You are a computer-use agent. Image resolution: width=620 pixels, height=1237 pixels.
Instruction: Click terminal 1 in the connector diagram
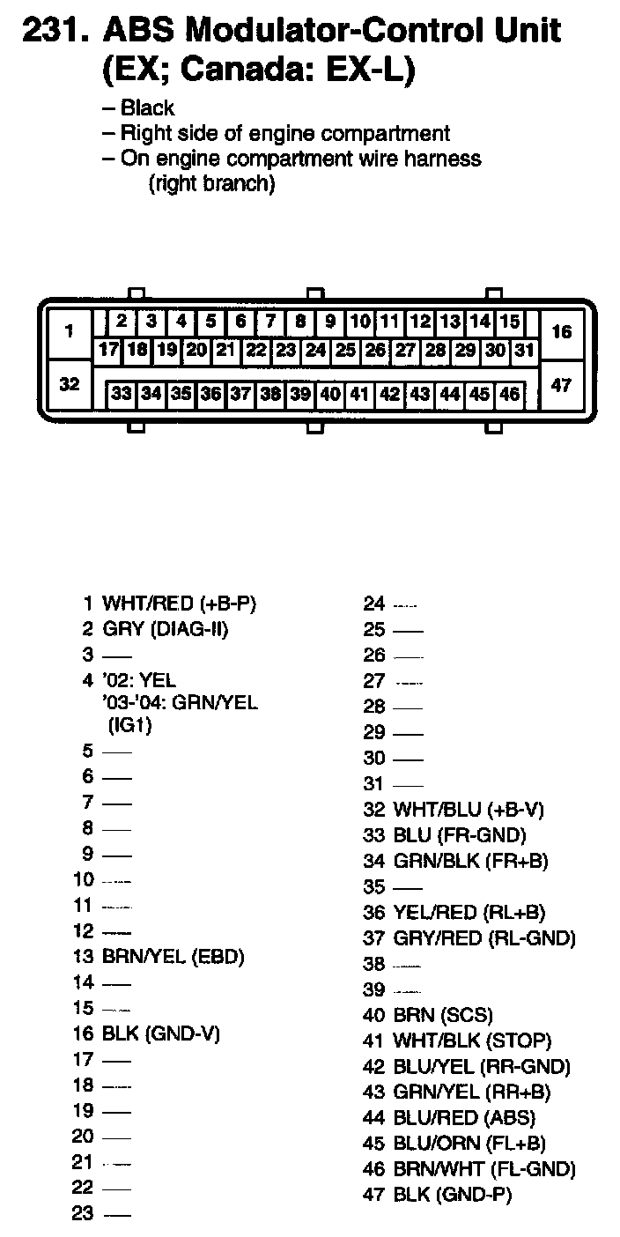click(69, 332)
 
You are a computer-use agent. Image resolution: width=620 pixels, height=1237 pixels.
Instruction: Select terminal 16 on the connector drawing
click(561, 332)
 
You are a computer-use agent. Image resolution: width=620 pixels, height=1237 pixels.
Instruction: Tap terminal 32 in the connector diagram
click(69, 384)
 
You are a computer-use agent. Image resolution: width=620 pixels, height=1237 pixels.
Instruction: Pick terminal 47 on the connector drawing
click(561, 384)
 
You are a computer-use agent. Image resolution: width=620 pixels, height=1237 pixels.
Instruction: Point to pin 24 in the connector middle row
click(315, 350)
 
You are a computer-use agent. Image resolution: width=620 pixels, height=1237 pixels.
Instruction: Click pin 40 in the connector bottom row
click(330, 394)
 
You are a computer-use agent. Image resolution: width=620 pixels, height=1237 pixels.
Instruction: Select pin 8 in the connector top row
click(300, 322)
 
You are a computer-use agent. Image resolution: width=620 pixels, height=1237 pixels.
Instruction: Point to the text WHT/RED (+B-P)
click(183, 604)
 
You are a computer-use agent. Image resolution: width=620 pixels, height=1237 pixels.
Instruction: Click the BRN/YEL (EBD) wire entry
click(173, 956)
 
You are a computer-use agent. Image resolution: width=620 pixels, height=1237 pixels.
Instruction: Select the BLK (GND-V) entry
click(160, 1033)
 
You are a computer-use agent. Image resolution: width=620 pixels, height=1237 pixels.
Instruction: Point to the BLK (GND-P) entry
click(452, 1195)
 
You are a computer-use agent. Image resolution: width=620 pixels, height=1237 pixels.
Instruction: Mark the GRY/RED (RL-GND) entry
click(483, 938)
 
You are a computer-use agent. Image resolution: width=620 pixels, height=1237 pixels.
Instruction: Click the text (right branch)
click(212, 184)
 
